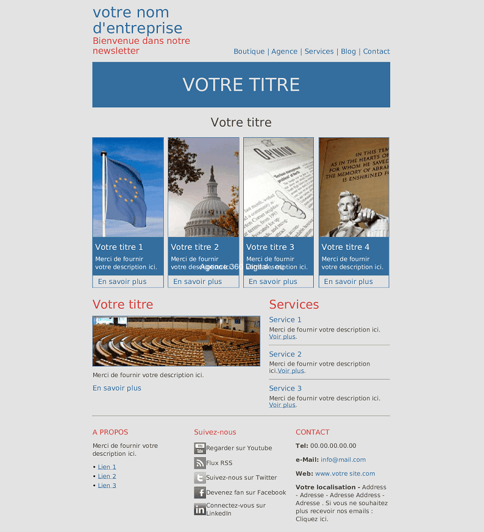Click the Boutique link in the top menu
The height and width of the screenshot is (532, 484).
[249, 52]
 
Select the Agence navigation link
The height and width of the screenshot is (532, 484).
[284, 52]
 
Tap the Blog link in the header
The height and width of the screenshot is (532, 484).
[348, 52]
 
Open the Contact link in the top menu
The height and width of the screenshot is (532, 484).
[376, 52]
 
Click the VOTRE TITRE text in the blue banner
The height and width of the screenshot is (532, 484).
[241, 85]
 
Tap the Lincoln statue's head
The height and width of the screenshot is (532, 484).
[347, 200]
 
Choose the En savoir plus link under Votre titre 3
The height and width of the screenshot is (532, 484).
[272, 282]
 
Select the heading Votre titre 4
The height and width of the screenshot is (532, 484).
[345, 247]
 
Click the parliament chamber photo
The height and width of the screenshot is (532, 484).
[176, 341]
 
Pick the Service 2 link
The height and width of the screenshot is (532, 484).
[285, 354]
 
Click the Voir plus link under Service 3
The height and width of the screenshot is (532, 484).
[282, 405]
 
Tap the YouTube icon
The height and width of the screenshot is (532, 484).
[199, 449]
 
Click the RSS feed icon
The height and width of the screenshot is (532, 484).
[199, 463]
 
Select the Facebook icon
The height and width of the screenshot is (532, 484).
[199, 492]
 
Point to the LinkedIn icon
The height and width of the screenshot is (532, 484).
[199, 509]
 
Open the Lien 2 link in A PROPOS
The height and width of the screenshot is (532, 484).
[107, 477]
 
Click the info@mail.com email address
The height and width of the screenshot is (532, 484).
[343, 460]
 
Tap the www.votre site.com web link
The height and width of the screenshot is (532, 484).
[345, 473]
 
